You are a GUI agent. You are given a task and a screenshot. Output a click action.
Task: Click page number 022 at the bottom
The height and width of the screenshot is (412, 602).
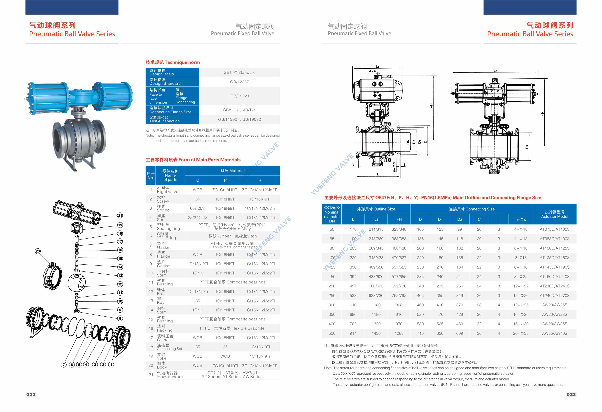pos(31,394)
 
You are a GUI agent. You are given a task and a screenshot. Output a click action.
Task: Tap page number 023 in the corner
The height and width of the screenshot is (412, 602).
pos(571,394)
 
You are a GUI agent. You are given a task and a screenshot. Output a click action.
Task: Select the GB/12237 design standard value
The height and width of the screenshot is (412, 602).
pos(239,82)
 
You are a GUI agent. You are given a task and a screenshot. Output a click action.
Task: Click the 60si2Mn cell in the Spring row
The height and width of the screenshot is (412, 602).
pos(198,208)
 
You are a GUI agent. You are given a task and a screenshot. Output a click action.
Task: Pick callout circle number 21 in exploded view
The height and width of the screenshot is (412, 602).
pos(120,215)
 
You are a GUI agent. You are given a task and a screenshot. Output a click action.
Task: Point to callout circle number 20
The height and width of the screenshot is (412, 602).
pos(38,251)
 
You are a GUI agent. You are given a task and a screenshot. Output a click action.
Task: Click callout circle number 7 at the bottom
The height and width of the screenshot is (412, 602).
pos(64,365)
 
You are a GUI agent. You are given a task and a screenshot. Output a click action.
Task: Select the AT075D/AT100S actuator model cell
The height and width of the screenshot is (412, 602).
pos(555,229)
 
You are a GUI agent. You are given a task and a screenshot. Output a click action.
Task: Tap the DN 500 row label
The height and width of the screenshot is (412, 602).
pos(332,333)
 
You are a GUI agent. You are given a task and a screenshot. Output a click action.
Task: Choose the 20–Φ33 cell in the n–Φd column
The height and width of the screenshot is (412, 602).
pos(521,333)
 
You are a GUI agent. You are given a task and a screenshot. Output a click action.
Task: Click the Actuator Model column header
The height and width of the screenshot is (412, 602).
pos(555,214)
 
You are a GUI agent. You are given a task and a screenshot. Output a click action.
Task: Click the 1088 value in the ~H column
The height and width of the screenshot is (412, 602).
pos(399,333)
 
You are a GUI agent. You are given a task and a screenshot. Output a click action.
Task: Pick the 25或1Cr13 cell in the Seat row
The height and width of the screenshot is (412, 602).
pos(198,218)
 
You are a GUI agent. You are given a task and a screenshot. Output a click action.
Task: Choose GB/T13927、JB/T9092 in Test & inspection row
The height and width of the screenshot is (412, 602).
pos(239,119)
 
